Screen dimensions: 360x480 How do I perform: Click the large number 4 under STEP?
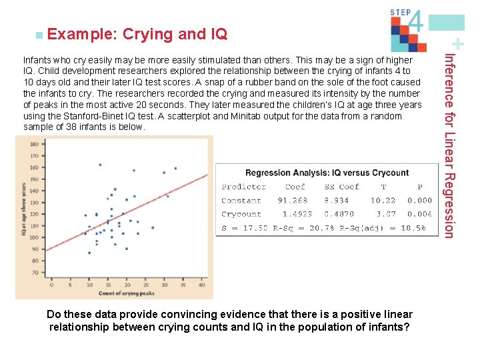click(415, 21)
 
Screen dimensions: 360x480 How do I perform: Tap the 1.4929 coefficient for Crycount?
click(297, 214)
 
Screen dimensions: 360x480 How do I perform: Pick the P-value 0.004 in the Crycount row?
click(419, 214)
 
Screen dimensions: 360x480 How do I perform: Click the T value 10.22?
click(383, 200)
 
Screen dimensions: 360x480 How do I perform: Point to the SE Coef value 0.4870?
click(339, 214)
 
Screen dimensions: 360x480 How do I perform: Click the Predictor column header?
click(243, 187)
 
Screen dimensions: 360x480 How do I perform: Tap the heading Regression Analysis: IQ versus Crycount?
click(327, 173)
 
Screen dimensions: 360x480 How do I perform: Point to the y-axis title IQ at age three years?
click(24, 210)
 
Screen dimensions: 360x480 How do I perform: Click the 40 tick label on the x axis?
click(201, 285)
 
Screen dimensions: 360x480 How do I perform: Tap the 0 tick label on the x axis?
click(51, 285)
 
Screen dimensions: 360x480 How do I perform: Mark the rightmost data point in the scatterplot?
click(175, 169)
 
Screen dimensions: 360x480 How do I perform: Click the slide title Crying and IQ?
click(175, 33)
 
